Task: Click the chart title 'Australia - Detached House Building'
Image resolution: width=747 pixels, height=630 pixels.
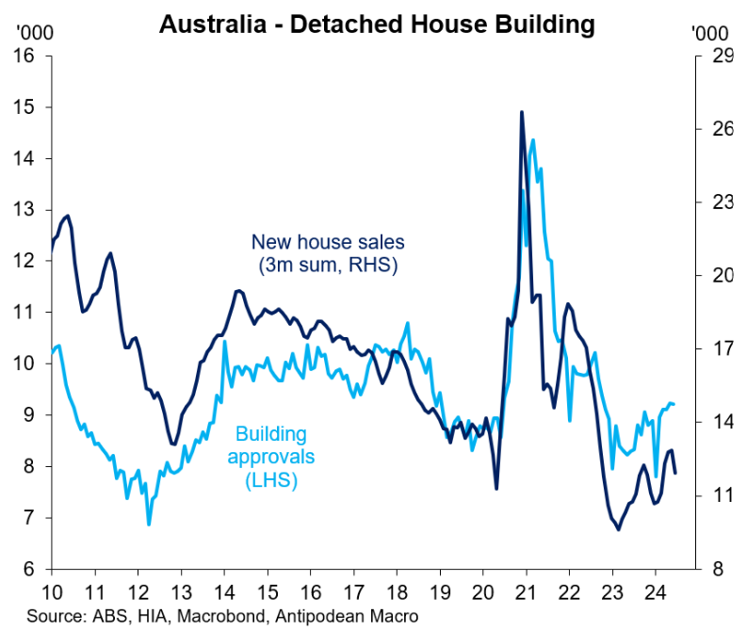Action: pyautogui.click(x=377, y=23)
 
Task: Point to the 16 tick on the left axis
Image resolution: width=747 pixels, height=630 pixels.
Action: pyautogui.click(x=24, y=56)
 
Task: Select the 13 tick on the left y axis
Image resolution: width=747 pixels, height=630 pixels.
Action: pyautogui.click(x=24, y=209)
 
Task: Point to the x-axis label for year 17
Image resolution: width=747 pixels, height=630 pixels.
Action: pyautogui.click(x=353, y=593)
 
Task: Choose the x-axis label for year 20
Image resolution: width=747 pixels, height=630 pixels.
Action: pyautogui.click(x=482, y=593)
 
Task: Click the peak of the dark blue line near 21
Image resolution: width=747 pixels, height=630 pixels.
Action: pyautogui.click(x=521, y=112)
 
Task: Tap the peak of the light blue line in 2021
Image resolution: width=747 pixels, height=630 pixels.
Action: pyautogui.click(x=533, y=140)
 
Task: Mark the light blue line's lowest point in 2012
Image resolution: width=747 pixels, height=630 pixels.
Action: pyautogui.click(x=149, y=524)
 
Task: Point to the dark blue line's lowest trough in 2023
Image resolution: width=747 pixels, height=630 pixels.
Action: pyautogui.click(x=619, y=529)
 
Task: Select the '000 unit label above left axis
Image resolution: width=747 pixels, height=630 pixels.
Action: pyautogui.click(x=29, y=32)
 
